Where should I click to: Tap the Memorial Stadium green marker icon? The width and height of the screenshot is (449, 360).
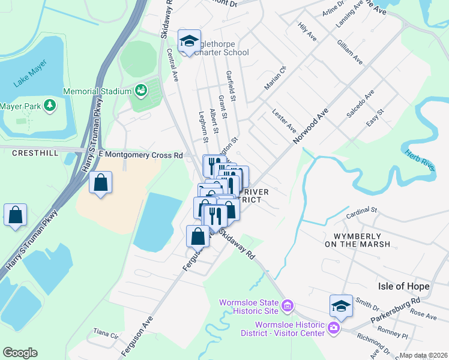point(141,91)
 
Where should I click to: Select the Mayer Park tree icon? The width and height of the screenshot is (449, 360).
point(49,106)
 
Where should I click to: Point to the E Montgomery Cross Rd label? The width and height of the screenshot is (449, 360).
point(140,155)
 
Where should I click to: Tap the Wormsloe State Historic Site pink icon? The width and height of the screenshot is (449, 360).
point(288,306)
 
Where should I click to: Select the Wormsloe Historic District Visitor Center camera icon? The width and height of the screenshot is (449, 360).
point(333,329)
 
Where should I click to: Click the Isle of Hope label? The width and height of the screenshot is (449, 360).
point(403,286)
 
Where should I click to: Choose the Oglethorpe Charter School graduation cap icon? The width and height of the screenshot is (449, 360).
point(190,41)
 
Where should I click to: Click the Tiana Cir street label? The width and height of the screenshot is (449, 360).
point(103,332)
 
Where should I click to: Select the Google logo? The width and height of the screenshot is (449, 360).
point(20,353)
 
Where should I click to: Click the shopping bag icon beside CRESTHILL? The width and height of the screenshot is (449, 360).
point(15,214)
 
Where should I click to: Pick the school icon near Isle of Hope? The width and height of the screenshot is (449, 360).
point(340,306)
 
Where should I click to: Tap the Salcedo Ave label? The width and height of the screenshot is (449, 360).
point(360,103)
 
